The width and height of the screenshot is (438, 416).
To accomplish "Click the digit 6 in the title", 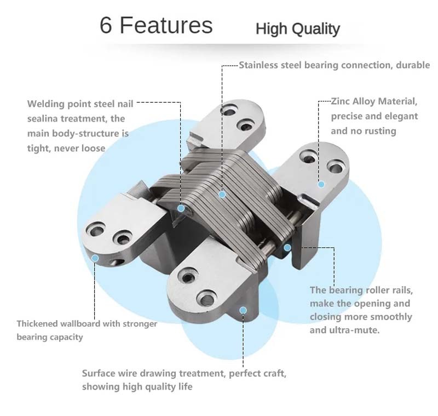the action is (x=106, y=25).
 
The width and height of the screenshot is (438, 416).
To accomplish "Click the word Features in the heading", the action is (x=166, y=25).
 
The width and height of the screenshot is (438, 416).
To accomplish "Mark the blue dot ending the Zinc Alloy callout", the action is (x=321, y=184).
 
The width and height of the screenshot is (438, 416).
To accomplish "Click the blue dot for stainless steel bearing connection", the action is (x=222, y=195).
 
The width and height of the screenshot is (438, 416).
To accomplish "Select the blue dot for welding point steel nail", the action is (x=181, y=208).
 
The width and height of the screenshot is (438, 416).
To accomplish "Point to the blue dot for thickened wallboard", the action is (x=95, y=258).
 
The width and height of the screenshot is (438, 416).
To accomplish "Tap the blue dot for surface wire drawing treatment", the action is (x=243, y=310).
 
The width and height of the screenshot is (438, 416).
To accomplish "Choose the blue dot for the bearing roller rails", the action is (x=287, y=247).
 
